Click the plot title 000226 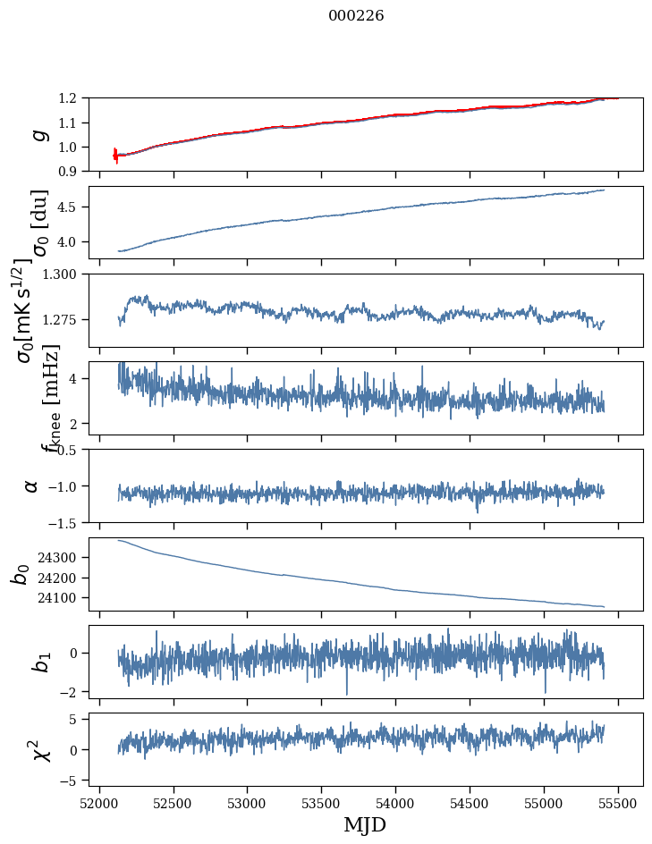[356, 16]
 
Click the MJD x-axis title [365, 824]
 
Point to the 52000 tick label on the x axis [99, 802]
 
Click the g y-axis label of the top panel [38, 134]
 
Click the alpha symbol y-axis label [32, 485]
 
